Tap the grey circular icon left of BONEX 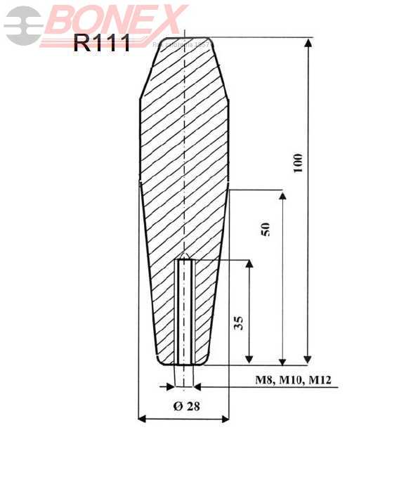coord(22,26)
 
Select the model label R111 coord(101,44)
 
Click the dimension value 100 coord(298,163)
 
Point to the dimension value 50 coord(265,229)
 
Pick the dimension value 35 coord(238,323)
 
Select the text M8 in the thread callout coord(263,381)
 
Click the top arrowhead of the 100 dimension coord(308,42)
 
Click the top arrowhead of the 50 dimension coord(282,195)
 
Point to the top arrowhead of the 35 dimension coord(249,265)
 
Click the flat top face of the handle coord(184,38)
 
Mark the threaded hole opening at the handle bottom coord(184,363)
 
